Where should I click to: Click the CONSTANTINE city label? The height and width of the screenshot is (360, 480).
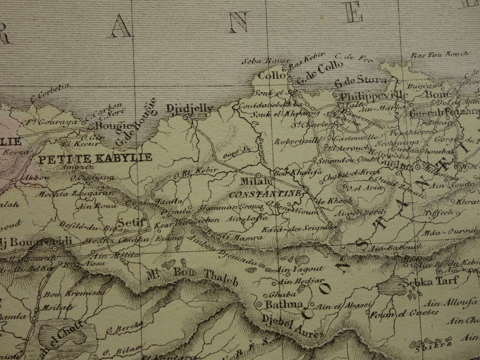(x=265, y=194)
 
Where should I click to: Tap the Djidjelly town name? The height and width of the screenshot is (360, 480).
(x=189, y=108)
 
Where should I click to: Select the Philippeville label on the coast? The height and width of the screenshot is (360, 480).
(x=373, y=94)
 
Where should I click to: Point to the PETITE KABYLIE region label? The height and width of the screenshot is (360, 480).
(x=95, y=158)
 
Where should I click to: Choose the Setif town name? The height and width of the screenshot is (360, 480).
(x=131, y=222)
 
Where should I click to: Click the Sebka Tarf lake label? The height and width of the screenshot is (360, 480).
(x=429, y=282)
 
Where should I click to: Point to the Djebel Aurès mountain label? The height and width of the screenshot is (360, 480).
(x=293, y=326)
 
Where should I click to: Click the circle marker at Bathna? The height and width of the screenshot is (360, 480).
(x=259, y=304)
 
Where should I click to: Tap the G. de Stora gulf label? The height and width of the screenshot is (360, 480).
(x=360, y=80)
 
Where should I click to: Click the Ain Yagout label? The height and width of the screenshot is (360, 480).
(x=299, y=269)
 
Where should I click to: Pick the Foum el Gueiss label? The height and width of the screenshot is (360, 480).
(x=403, y=313)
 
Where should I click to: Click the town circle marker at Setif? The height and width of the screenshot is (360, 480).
(x=149, y=229)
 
